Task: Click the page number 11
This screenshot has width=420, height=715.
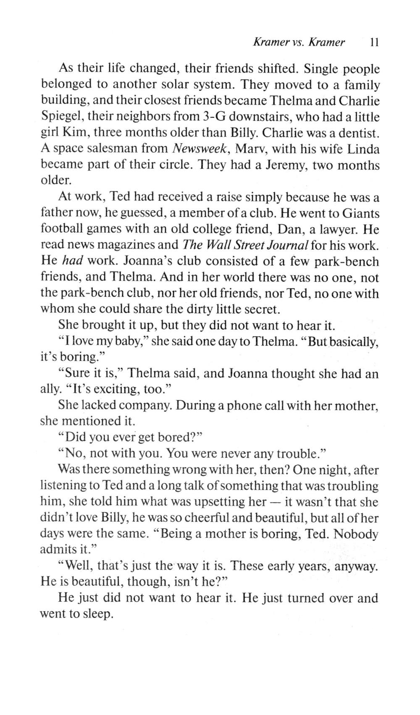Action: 374,42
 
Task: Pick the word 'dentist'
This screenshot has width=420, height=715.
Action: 360,133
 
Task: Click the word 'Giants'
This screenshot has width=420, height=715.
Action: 361,214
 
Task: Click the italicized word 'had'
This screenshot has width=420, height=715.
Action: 72,261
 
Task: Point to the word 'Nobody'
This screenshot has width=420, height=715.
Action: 357,534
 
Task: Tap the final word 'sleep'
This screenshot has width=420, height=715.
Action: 97,614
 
